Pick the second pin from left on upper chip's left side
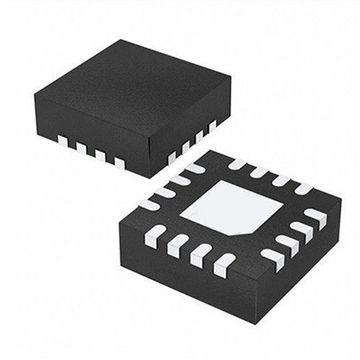coord(82,149)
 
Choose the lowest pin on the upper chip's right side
coord(172,157)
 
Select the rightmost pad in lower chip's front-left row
coord(225,264)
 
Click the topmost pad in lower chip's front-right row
coord(315,216)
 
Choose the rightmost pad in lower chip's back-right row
coord(304,189)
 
